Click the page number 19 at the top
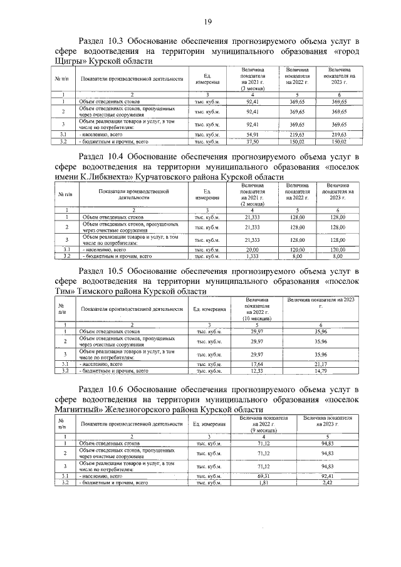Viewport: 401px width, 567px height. [x=207, y=22]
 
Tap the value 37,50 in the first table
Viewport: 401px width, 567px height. [x=253, y=142]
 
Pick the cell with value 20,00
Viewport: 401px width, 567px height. [x=253, y=249]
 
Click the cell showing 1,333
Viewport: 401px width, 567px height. [x=253, y=256]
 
